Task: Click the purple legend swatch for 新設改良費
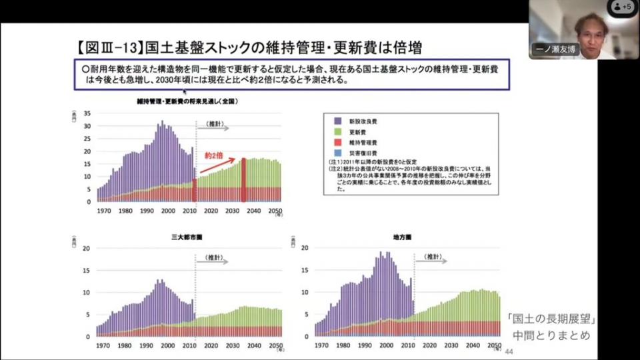click(338, 121)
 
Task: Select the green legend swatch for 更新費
click(338, 132)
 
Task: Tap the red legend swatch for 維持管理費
click(338, 143)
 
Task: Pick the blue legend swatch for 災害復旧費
click(338, 153)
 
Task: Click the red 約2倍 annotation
click(213, 155)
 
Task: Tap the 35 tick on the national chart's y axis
click(87, 113)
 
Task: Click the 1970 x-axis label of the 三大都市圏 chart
click(103, 346)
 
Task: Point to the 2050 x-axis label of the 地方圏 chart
click(494, 346)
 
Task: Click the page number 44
click(510, 351)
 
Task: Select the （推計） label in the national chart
click(214, 124)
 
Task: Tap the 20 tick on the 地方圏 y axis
click(305, 248)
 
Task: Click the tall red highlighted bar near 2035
click(243, 179)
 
